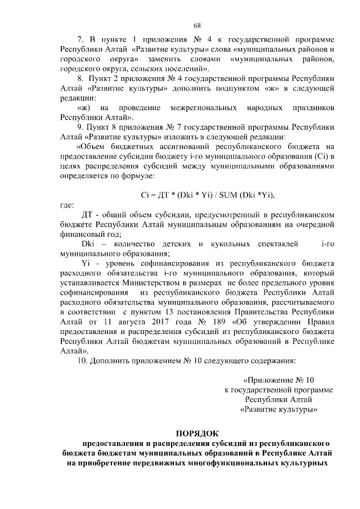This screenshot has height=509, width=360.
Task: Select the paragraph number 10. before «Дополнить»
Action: click(82, 361)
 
